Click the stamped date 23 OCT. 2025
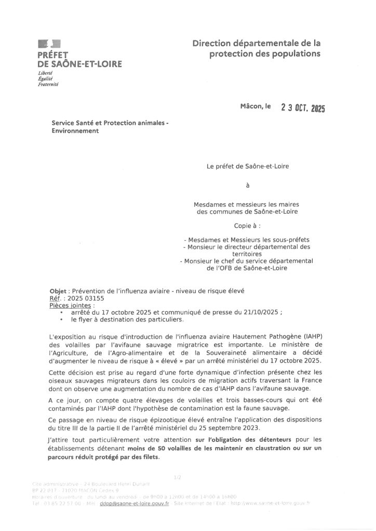303,108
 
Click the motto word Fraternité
48,84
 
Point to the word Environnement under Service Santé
75,131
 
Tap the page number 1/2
179,476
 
